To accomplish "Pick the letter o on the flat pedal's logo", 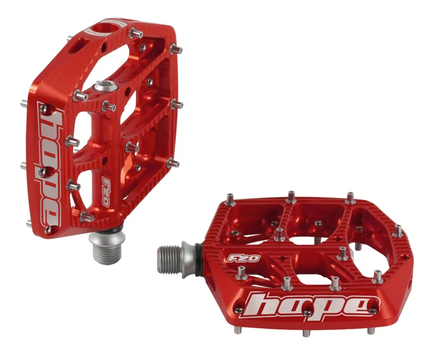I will [x=298, y=305].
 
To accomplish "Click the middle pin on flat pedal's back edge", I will [x=292, y=195].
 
